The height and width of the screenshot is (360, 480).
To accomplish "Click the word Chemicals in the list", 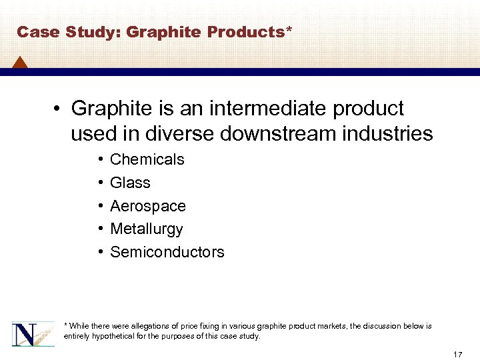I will click(x=147, y=159).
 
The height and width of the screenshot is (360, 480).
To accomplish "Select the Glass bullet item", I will click(x=130, y=183).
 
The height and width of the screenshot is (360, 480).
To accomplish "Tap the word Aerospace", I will click(x=147, y=206).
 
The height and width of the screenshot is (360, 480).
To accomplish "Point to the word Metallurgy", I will click(x=146, y=229).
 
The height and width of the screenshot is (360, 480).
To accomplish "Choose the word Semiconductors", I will click(x=167, y=252).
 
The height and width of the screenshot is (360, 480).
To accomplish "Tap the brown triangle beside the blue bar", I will click(x=19, y=63).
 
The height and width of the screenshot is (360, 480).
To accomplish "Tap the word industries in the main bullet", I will click(x=394, y=134).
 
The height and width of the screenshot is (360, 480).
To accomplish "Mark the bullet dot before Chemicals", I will click(x=99, y=160).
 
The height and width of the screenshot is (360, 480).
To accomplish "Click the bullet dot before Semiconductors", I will click(x=99, y=253).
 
